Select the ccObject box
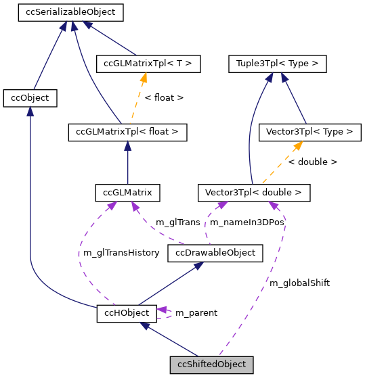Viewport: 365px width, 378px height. pyautogui.click(x=30, y=98)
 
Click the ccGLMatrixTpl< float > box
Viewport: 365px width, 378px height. pyautogui.click(x=127, y=132)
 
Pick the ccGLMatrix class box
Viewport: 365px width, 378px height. pyautogui.click(x=128, y=193)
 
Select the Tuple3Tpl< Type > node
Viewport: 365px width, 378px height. pyautogui.click(x=278, y=64)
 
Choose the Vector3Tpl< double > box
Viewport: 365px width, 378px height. pyautogui.click(x=253, y=193)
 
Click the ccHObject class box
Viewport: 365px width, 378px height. pyautogui.click(x=127, y=313)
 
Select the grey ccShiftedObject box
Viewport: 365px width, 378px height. pyautogui.click(x=211, y=364)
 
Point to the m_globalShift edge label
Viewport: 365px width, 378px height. pyautogui.click(x=299, y=283)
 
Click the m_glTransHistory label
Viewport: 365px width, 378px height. pyautogui.click(x=121, y=253)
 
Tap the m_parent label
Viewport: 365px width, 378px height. pyautogui.click(x=196, y=313)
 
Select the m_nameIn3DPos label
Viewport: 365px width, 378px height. pyautogui.click(x=246, y=222)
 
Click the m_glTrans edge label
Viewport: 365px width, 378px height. pyautogui.click(x=177, y=222)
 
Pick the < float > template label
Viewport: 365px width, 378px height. pyautogui.click(x=164, y=98)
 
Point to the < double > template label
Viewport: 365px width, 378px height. pyautogui.click(x=312, y=162)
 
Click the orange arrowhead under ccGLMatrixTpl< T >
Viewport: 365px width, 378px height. pyautogui.click(x=144, y=78)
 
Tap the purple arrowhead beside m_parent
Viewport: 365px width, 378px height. pyautogui.click(x=163, y=310)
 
